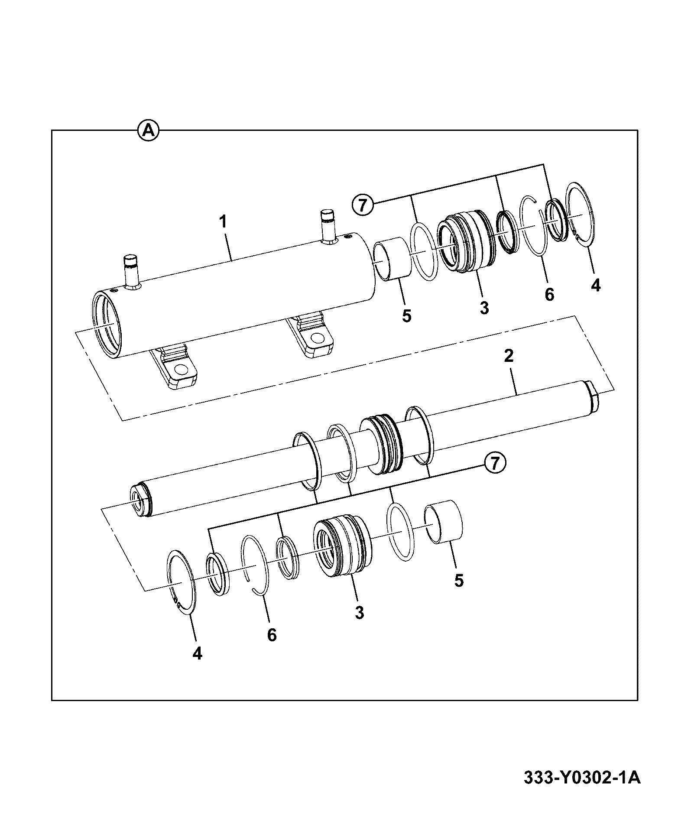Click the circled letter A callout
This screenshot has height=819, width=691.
click(148, 130)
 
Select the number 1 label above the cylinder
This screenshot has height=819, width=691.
click(223, 222)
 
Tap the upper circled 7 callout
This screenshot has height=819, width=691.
click(363, 205)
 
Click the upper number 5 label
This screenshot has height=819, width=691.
click(406, 315)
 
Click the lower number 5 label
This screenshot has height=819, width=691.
click(459, 580)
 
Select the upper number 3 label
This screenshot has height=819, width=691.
click(484, 308)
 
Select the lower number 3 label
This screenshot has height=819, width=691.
click(359, 613)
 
